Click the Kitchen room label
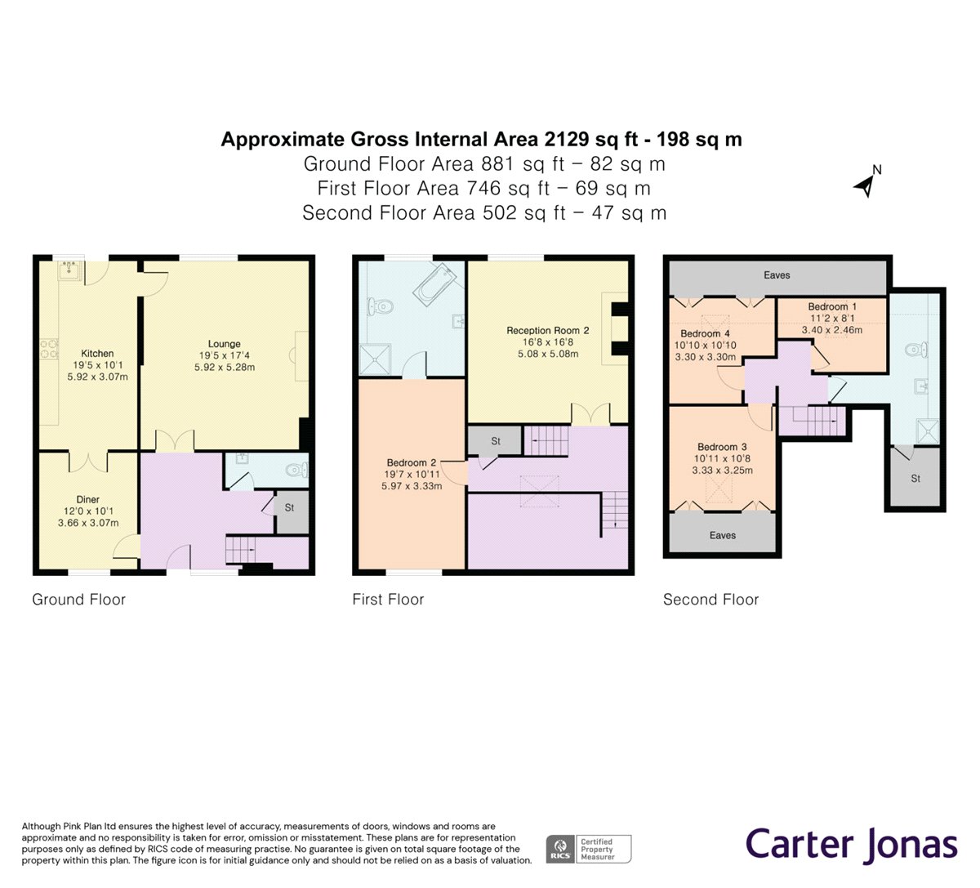click(x=97, y=354)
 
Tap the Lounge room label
click(x=225, y=344)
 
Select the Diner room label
click(x=88, y=499)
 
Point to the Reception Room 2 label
click(x=548, y=330)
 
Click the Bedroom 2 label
click(x=412, y=462)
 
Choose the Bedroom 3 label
click(x=722, y=447)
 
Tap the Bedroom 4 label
click(x=705, y=334)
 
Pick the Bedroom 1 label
click(x=832, y=306)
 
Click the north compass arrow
click(x=864, y=186)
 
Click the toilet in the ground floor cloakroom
click(x=296, y=471)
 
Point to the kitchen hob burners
click(x=49, y=350)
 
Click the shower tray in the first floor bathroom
click(x=375, y=359)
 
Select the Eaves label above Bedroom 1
click(x=777, y=275)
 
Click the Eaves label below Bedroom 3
click(x=723, y=535)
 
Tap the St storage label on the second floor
click(x=915, y=479)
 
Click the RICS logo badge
click(x=560, y=849)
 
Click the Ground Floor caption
click(x=78, y=599)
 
